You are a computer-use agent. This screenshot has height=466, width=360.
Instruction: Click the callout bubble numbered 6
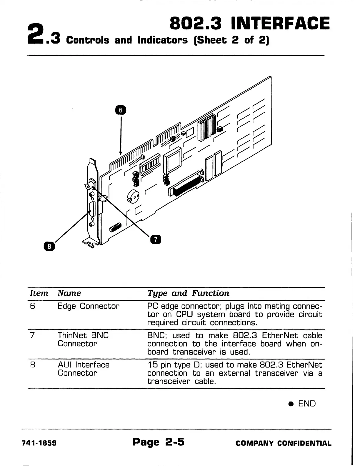120,110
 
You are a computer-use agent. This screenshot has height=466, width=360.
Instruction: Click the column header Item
39,293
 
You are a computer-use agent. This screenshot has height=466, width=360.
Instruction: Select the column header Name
69,293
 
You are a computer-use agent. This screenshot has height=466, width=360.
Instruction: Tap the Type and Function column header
188,293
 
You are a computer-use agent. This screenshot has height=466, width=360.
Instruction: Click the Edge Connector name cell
89,306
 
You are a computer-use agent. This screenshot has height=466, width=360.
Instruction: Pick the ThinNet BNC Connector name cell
83,339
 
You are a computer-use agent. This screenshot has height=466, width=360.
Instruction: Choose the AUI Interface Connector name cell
84,369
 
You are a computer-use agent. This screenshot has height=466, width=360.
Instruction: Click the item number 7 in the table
33,336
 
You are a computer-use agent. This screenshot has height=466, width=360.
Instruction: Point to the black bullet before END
291,404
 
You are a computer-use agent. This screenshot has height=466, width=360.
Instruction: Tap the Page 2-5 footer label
158,442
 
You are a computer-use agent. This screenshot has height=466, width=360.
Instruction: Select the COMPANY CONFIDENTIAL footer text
284,443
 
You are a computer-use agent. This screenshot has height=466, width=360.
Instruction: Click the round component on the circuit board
132,196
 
